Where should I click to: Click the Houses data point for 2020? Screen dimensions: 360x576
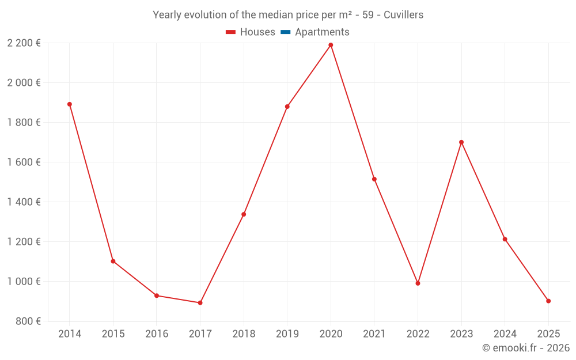331,45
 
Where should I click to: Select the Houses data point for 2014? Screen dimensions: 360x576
70,104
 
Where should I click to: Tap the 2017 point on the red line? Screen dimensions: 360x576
200,303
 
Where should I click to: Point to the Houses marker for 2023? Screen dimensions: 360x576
461,142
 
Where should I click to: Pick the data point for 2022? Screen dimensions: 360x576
418,283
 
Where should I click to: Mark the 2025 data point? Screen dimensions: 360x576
548,301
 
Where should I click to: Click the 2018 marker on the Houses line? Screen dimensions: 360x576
244,214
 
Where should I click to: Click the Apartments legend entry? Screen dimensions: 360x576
322,32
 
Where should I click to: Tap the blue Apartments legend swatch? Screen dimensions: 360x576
285,32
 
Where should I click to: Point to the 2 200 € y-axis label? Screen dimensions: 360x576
24,43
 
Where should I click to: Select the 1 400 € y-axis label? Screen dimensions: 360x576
24,202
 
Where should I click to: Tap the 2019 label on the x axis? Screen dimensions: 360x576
287,334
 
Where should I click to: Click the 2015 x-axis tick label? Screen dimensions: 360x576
113,334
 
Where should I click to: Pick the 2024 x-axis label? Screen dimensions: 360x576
505,334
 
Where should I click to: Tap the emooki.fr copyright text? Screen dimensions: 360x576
526,348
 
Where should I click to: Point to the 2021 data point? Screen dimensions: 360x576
374,179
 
